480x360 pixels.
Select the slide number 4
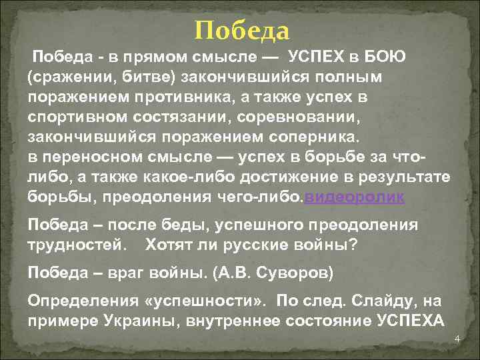pyautogui.click(x=457, y=340)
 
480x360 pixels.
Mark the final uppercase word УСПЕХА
pyautogui.click(x=407, y=321)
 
